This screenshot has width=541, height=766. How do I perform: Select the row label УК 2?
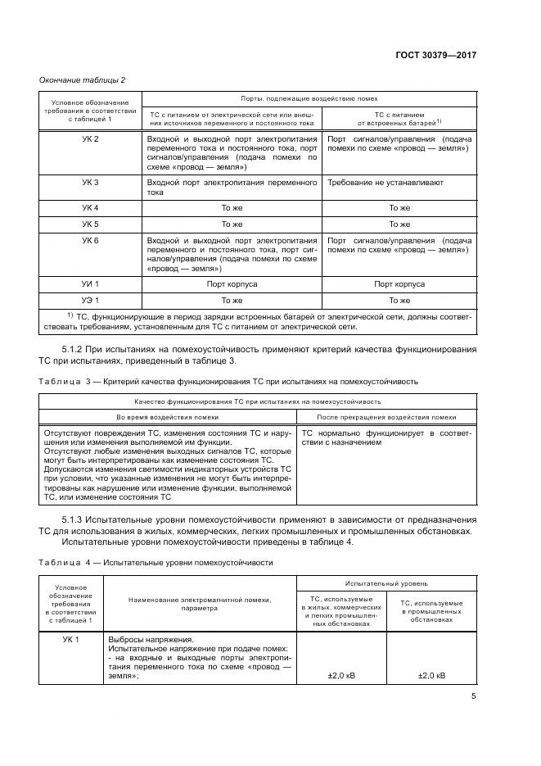(x=91, y=139)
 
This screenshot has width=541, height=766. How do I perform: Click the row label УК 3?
(x=91, y=182)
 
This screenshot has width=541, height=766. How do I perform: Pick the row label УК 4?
(x=91, y=208)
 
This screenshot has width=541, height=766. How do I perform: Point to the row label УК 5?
(x=91, y=224)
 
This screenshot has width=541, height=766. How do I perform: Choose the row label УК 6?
(x=91, y=240)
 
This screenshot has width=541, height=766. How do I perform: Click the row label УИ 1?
(x=91, y=283)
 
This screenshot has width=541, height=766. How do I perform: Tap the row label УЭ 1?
(x=91, y=299)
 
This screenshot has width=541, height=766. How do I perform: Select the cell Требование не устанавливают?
(x=374, y=182)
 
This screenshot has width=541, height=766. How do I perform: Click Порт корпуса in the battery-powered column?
(x=399, y=283)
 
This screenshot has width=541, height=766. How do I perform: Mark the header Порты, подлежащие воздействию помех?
(x=309, y=98)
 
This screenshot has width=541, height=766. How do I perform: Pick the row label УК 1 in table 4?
(x=71, y=638)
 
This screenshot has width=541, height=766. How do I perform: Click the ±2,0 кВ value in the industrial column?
(x=431, y=676)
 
